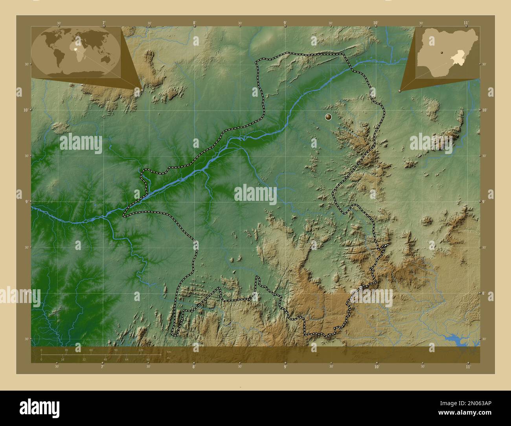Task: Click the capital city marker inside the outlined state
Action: [x=329, y=117]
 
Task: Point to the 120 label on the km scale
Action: [x=141, y=350]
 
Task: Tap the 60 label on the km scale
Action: [x=91, y=350]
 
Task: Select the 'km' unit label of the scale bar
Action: [x=169, y=351]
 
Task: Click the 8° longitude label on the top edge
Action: [x=195, y=23]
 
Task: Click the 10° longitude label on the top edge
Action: [x=376, y=23]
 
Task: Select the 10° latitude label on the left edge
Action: [x=26, y=110]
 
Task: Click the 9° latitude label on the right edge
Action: [x=485, y=201]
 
